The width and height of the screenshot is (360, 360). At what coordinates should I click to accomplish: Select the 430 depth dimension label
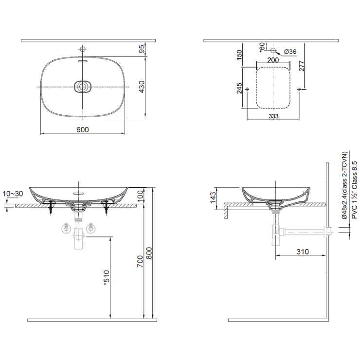tap(142, 87)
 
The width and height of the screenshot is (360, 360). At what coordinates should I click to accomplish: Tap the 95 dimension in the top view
tap(142, 49)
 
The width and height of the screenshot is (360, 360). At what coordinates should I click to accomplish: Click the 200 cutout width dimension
tap(273, 60)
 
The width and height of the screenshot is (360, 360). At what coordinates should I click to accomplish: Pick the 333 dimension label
tap(273, 116)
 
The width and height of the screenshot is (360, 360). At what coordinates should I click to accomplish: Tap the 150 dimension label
tap(239, 54)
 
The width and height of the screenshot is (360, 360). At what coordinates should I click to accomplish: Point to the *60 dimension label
tap(262, 47)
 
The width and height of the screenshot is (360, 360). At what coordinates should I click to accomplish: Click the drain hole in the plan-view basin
tap(83, 87)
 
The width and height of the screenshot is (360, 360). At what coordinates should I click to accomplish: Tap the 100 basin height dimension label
tap(140, 196)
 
